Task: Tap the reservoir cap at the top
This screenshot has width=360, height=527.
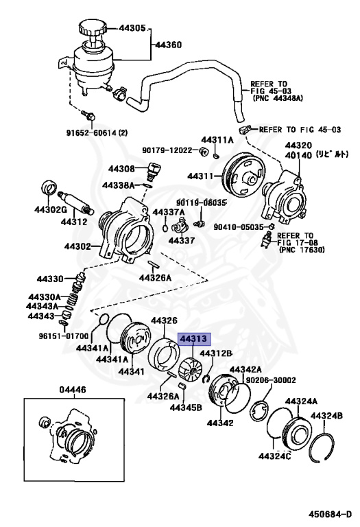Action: tap(91, 28)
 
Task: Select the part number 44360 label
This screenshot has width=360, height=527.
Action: tap(168, 45)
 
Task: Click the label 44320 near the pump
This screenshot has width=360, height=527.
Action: tap(299, 145)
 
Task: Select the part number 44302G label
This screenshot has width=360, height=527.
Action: tap(51, 210)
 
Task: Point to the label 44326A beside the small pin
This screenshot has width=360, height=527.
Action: tap(156, 278)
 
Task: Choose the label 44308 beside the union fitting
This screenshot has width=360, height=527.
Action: tap(121, 168)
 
